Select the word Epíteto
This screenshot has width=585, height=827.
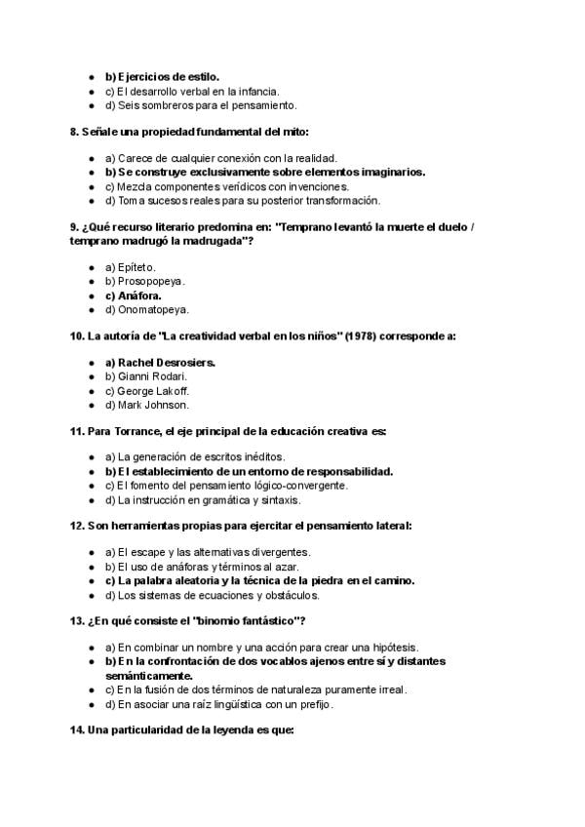(x=136, y=267)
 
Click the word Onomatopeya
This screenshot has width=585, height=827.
(x=151, y=309)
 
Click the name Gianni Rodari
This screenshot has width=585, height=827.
(x=152, y=376)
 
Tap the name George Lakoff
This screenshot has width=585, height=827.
(x=153, y=390)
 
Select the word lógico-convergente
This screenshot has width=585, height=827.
(x=298, y=486)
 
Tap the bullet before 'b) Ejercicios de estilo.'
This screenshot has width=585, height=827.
(x=90, y=76)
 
